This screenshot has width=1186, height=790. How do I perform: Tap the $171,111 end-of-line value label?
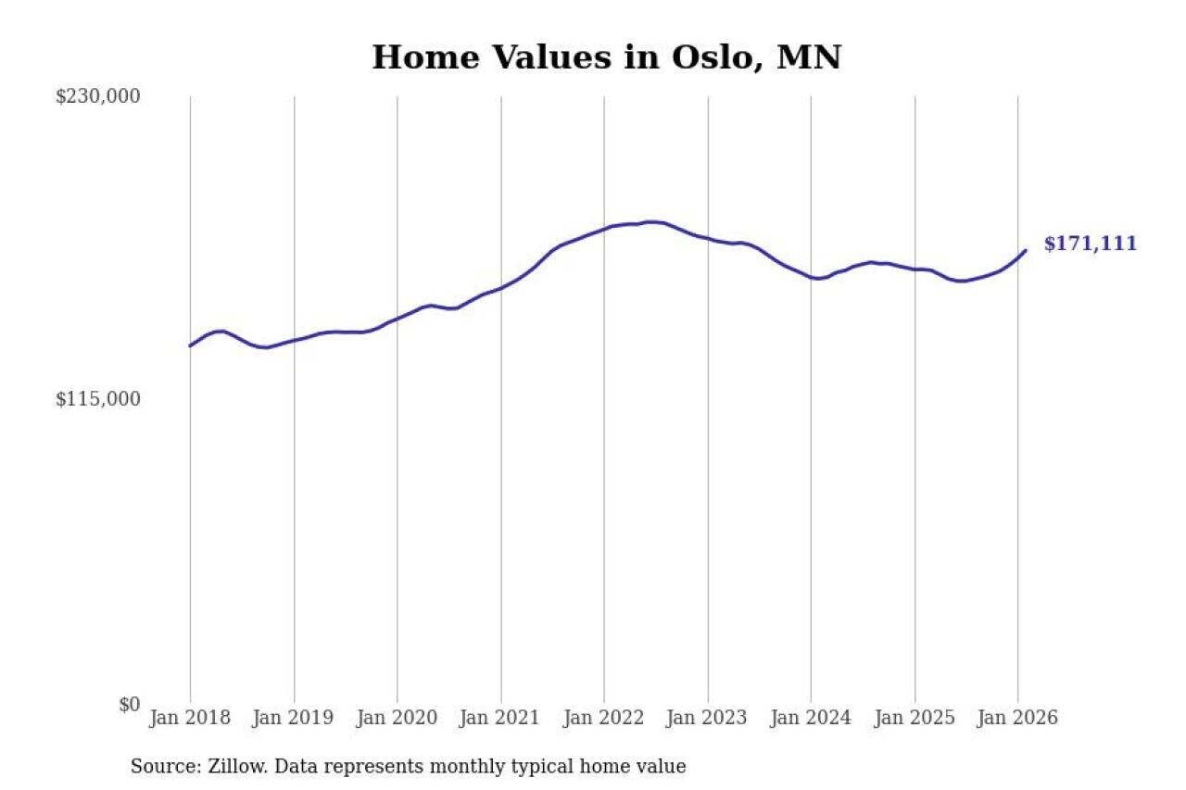tap(1090, 245)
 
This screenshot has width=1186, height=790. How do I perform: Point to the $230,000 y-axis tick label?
tap(98, 96)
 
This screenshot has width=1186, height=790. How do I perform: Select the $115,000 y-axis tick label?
tap(98, 399)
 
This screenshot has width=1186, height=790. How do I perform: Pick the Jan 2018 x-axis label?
tap(190, 719)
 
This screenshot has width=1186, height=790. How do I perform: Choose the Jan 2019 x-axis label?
tap(294, 719)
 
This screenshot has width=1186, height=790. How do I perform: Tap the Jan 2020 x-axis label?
tap(397, 719)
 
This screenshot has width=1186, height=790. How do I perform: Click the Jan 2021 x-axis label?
tap(501, 719)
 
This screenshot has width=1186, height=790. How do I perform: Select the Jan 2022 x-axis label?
tap(604, 719)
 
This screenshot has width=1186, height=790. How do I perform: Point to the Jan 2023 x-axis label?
tap(708, 719)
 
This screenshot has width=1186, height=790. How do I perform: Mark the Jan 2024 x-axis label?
tap(812, 719)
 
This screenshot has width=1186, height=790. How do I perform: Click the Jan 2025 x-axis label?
tap(915, 719)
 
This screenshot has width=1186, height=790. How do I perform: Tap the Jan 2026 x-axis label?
tap(1018, 719)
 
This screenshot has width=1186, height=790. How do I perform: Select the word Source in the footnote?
tap(158, 767)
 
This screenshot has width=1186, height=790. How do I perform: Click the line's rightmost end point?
tap(1025, 250)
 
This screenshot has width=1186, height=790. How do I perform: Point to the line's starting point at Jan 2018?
tap(190, 345)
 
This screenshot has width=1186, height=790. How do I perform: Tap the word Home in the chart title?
tap(418, 57)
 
